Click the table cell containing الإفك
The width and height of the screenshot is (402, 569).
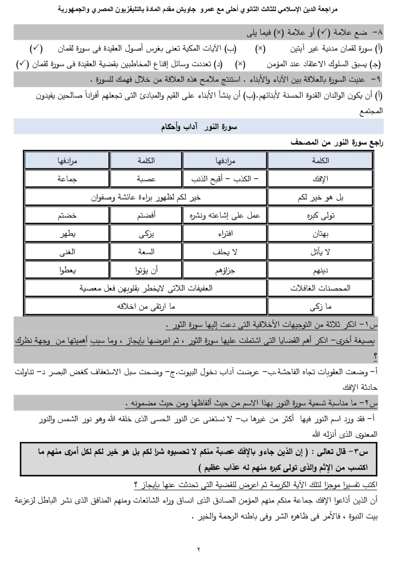click(x=320, y=179)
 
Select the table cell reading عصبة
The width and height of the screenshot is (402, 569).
click(x=146, y=179)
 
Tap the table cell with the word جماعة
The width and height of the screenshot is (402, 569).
click(x=67, y=179)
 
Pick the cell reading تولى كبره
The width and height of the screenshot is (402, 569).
click(x=320, y=215)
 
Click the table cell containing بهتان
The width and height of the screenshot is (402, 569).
click(x=320, y=234)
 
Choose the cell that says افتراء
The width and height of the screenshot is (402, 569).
click(x=225, y=234)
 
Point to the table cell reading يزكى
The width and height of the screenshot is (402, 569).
click(x=146, y=234)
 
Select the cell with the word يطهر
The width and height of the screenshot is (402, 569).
click(x=67, y=234)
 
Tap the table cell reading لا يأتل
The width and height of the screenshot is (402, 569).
click(x=320, y=252)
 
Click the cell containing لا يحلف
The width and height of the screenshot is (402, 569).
click(x=225, y=252)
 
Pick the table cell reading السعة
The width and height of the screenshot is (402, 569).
click(x=146, y=252)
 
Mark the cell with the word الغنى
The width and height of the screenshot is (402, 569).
click(x=67, y=252)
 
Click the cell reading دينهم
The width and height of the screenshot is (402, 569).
click(x=320, y=270)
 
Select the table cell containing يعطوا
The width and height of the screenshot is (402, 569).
click(x=67, y=270)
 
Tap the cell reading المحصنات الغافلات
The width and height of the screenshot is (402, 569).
click(x=320, y=288)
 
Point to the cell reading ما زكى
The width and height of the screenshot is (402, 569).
click(x=320, y=307)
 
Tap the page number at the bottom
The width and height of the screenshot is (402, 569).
click(x=199, y=549)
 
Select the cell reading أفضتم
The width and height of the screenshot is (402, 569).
click(x=146, y=215)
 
